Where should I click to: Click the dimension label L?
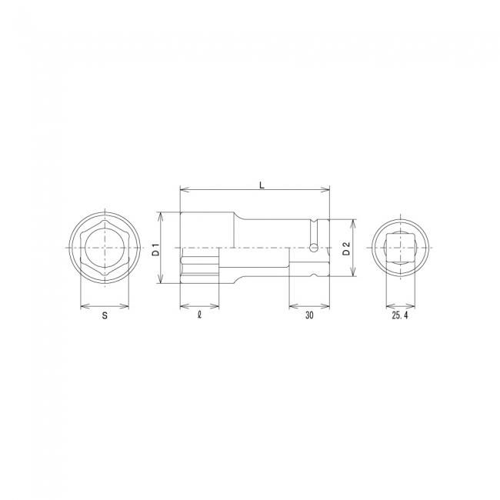pos(262,185)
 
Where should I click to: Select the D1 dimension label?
pos(155,249)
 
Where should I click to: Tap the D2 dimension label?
pos(346,248)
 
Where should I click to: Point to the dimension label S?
pos(105,315)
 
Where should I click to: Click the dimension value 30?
pos(309,315)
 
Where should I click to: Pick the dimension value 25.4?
pos(400,315)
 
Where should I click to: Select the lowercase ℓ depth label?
pos(200,315)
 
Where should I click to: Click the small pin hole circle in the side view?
pos(314,248)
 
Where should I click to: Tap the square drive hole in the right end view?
pos(401,248)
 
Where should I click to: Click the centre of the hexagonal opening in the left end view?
pos(105,248)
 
